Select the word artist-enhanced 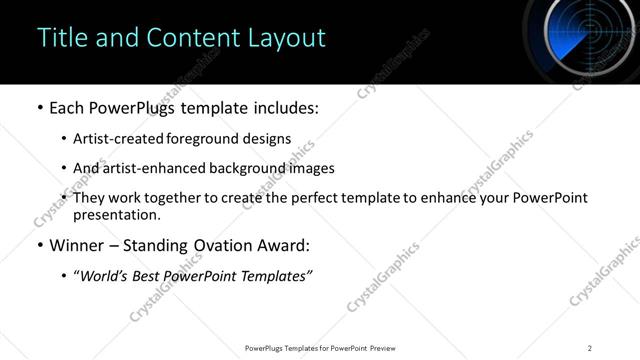tap(146, 169)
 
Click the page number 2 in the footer tap(590, 348)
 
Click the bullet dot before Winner tap(39, 245)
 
